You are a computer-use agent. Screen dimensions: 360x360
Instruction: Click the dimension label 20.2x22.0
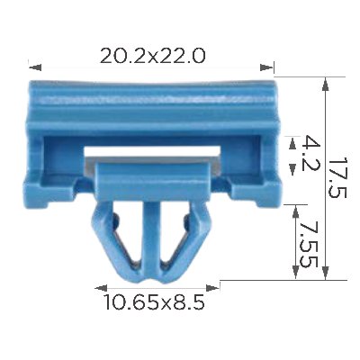[152, 57]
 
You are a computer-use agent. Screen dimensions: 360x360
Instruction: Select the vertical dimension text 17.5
[337, 177]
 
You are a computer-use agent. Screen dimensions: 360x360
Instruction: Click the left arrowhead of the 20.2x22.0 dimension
[35, 67]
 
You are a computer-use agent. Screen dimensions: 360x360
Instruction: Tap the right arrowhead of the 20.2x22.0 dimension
[266, 67]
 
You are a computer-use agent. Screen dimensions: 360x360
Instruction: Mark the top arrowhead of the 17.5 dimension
[325, 85]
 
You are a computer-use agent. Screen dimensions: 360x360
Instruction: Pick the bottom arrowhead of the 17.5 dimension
[326, 273]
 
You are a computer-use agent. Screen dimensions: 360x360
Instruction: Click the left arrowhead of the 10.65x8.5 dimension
[101, 288]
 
